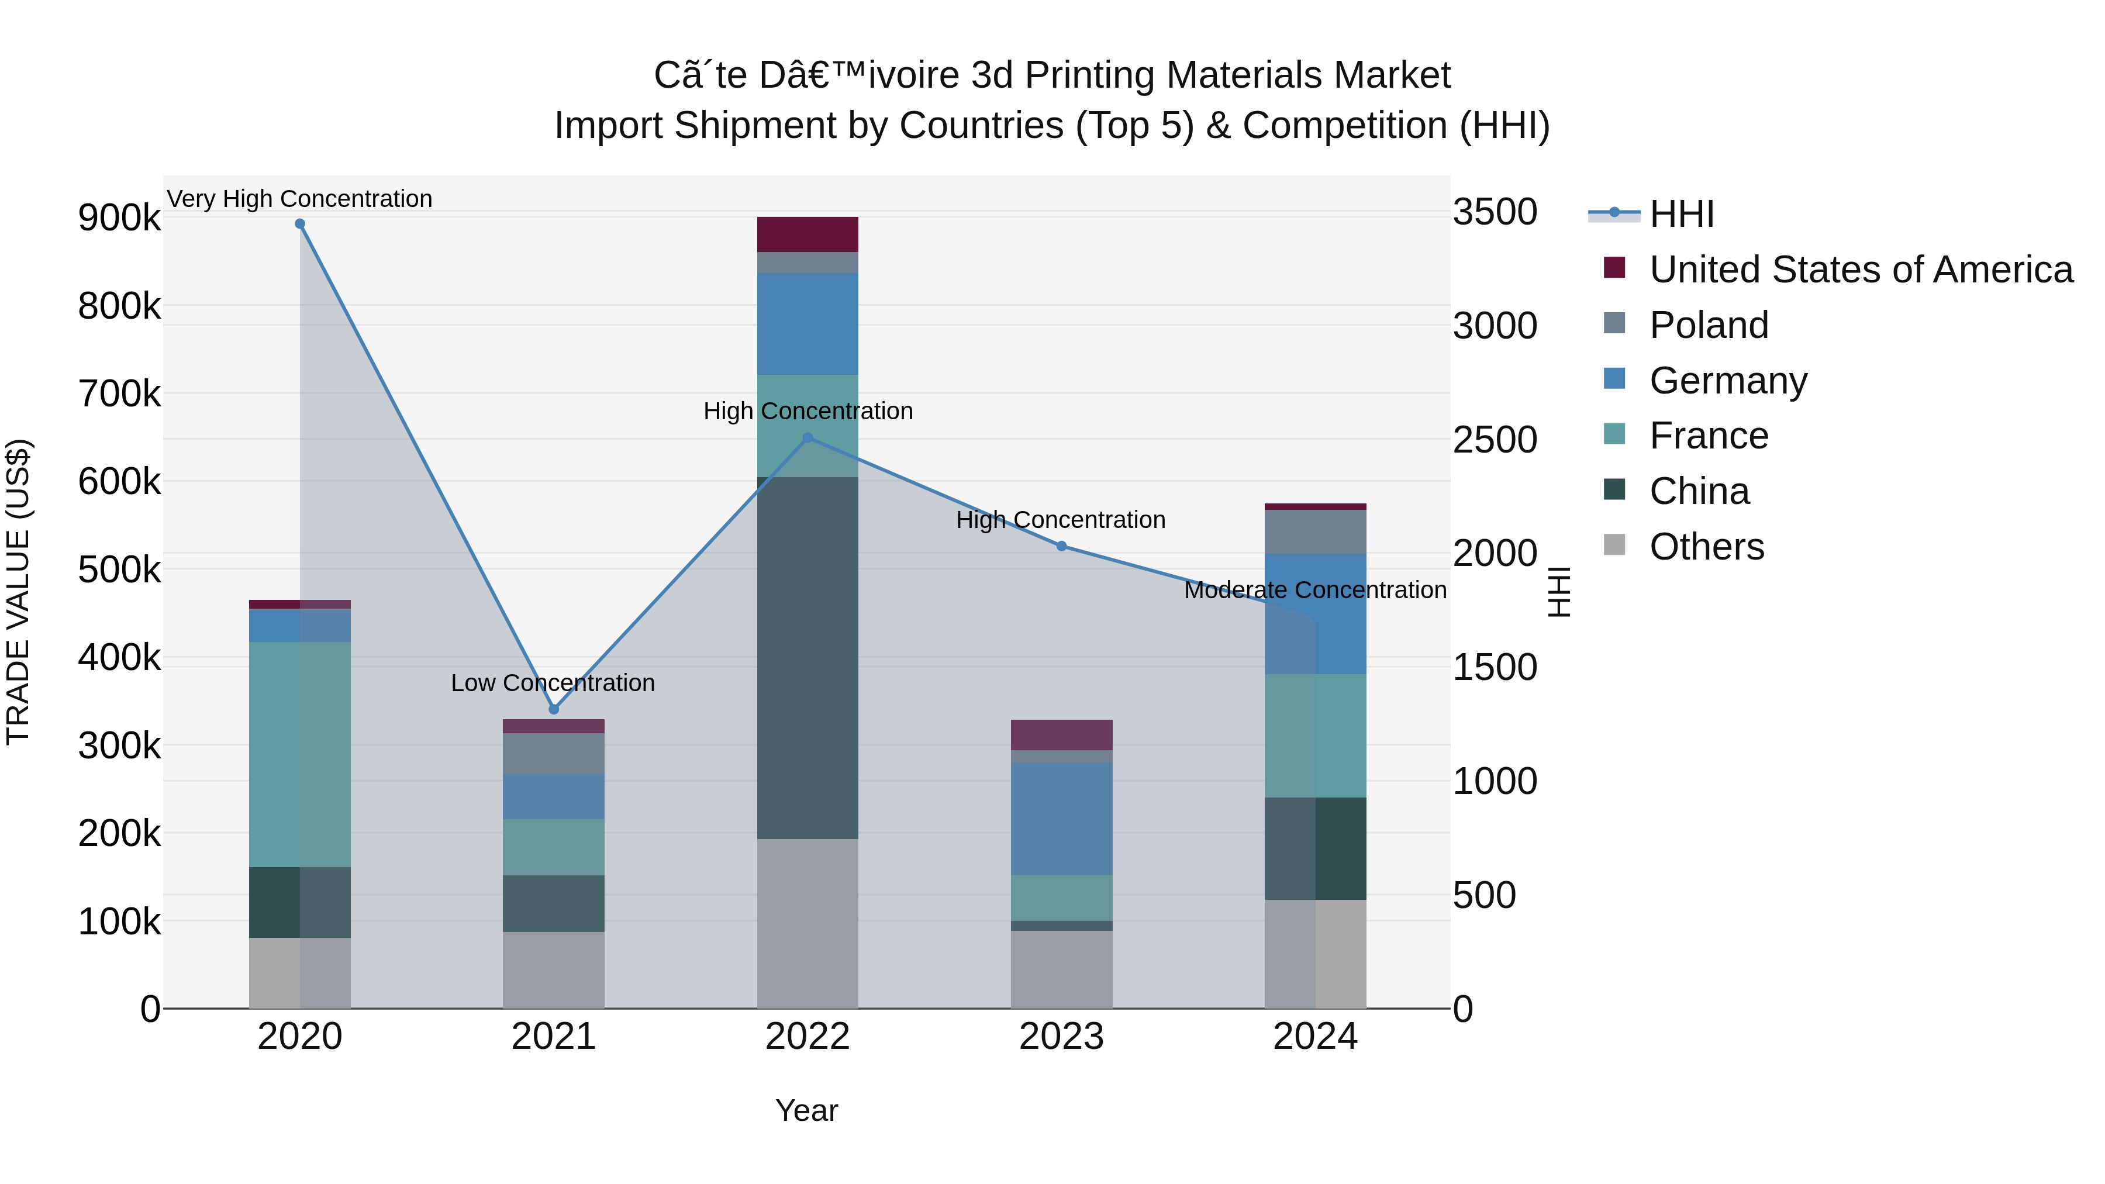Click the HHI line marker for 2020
(x=300, y=224)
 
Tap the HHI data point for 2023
(x=1061, y=546)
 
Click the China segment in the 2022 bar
(x=808, y=658)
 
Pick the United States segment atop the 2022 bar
(x=808, y=234)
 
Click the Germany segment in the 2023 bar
(x=1061, y=819)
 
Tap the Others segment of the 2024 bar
(x=1315, y=954)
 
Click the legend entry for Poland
(x=1708, y=325)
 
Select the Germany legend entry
(x=1727, y=381)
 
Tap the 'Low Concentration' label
(x=553, y=682)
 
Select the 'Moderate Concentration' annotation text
(x=1315, y=589)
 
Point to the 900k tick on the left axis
(x=119, y=218)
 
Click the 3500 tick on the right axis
(x=1495, y=212)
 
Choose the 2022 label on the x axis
(x=808, y=1037)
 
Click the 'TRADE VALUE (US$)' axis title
(x=18, y=592)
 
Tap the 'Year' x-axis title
(x=806, y=1110)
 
